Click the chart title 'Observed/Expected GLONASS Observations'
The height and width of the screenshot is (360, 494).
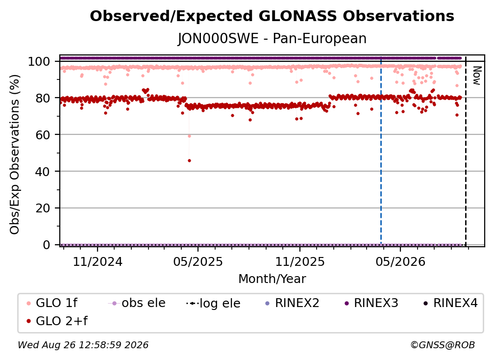pyautogui.click(x=272, y=16)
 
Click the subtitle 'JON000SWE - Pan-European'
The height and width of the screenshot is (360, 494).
pyautogui.click(x=272, y=38)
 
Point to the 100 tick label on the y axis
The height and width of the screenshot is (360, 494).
pyautogui.click(x=39, y=61)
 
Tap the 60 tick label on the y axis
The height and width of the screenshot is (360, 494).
pyautogui.click(x=43, y=135)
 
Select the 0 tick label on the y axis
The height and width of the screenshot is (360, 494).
pyautogui.click(x=47, y=245)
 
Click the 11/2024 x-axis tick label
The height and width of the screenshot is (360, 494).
pyautogui.click(x=98, y=261)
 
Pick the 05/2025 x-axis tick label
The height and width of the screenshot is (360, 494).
pyautogui.click(x=198, y=261)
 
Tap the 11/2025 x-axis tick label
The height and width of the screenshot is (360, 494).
pyautogui.click(x=299, y=261)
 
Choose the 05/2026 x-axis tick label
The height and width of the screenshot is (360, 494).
pyautogui.click(x=400, y=261)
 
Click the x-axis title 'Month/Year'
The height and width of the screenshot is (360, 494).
pyautogui.click(x=272, y=279)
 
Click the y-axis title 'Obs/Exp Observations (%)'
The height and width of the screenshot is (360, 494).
pyautogui.click(x=15, y=154)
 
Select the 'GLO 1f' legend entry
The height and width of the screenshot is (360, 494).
pyautogui.click(x=52, y=303)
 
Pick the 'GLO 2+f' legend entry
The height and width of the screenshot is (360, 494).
pyautogui.click(x=57, y=321)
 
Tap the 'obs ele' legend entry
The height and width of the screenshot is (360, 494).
pyautogui.click(x=137, y=303)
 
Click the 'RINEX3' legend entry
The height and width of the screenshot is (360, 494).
pyautogui.click(x=371, y=303)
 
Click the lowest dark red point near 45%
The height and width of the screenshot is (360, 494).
pyautogui.click(x=189, y=161)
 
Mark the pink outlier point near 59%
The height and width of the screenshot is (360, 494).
pyautogui.click(x=189, y=136)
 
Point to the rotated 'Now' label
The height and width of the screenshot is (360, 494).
pyautogui.click(x=477, y=76)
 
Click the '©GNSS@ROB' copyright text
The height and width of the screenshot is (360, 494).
pyautogui.click(x=443, y=345)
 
